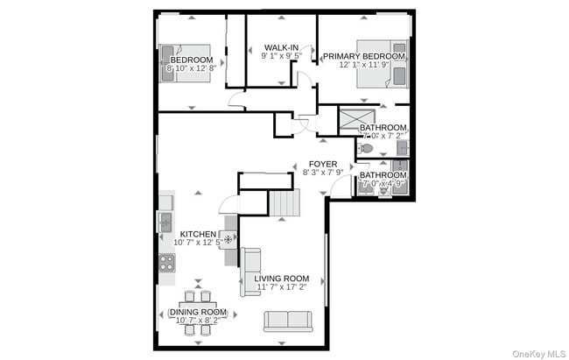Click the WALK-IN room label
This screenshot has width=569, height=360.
click(280, 46)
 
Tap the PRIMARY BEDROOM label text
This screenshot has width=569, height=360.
click(363, 56)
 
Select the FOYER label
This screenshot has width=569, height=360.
click(322, 163)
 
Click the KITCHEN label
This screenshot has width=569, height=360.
click(198, 234)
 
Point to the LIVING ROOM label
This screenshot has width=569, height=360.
click(282, 278)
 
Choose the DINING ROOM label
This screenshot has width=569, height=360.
click(198, 312)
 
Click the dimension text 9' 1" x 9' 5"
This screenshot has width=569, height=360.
click(280, 56)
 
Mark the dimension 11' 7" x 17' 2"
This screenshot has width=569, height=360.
click(282, 286)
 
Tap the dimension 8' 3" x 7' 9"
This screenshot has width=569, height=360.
click(322, 173)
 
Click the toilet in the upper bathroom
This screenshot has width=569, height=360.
click(366, 150)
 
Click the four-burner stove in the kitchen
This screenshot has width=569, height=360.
click(165, 262)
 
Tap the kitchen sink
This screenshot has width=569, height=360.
click(165, 222)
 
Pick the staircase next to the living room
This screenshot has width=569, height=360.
click(284, 206)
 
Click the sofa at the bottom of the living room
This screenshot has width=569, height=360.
click(287, 321)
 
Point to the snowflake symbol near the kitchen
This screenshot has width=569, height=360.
click(229, 238)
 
